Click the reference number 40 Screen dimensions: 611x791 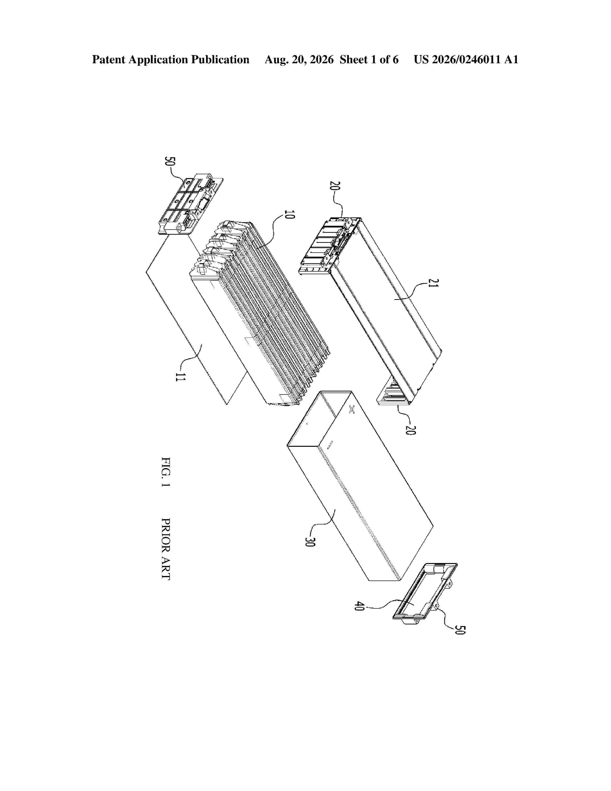click(358, 606)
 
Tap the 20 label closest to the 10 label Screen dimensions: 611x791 click(334, 186)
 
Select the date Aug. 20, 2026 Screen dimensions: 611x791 click(299, 60)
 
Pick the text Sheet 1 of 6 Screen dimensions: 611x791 click(369, 59)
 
